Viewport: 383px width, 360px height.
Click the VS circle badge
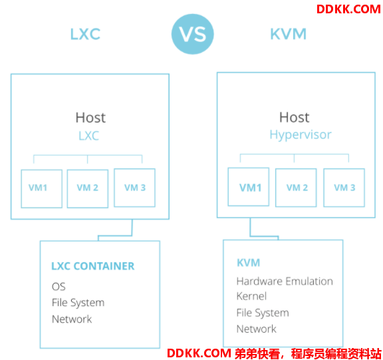pos(192,34)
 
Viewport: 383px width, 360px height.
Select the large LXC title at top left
pos(85,34)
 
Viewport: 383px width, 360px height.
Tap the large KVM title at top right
pos(288,34)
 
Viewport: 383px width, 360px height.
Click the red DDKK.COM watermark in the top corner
pos(348,9)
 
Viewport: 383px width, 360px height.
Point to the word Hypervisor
pos(301,134)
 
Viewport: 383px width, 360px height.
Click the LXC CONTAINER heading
pos(93,266)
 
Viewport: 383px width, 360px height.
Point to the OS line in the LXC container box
pos(59,286)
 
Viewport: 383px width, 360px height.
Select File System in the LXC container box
pos(78,303)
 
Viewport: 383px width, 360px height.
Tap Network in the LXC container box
pos(72,319)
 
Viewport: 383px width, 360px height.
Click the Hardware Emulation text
pos(285,281)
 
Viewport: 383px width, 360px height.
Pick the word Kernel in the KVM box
pos(251,296)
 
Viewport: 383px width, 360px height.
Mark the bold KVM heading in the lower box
pos(249,263)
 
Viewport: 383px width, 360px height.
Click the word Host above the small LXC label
pos(90,118)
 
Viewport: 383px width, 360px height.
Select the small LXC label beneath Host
pos(88,136)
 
